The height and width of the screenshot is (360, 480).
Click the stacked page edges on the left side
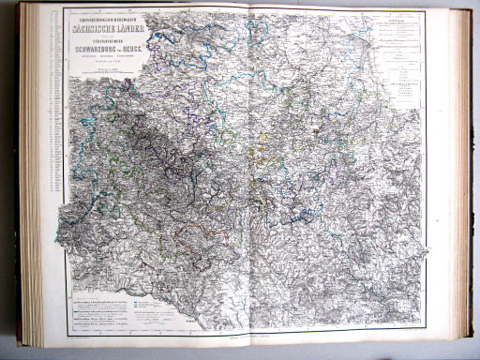click(x=33, y=178)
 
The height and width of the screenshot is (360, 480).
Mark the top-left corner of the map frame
click(x=64, y=10)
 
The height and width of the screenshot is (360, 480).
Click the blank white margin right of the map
click(x=436, y=187)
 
